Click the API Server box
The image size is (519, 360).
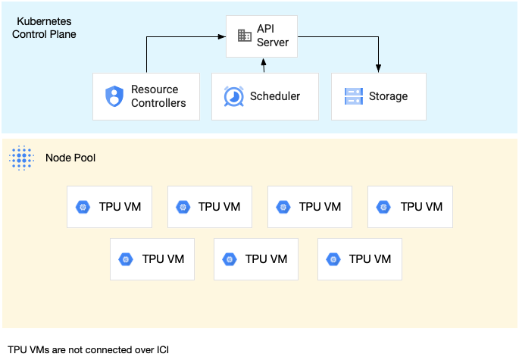pos(262,36)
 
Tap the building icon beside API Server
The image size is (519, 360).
pos(244,36)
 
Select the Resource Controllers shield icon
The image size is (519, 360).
pos(114,96)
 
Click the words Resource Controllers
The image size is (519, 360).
pos(158,96)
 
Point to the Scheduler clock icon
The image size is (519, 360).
pos(233,96)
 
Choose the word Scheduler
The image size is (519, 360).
pos(275,96)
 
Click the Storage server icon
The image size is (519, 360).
pos(353,96)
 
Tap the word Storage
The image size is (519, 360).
pos(388,96)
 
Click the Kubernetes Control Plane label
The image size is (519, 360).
pos(46,27)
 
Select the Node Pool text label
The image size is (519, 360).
pos(70,158)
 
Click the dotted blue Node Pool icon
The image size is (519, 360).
pos(21,158)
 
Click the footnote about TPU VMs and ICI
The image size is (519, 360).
pos(88,349)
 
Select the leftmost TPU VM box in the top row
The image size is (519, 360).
pos(109,206)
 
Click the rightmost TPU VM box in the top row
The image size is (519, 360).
pos(410,206)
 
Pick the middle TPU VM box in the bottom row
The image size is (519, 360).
pos(256,258)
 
